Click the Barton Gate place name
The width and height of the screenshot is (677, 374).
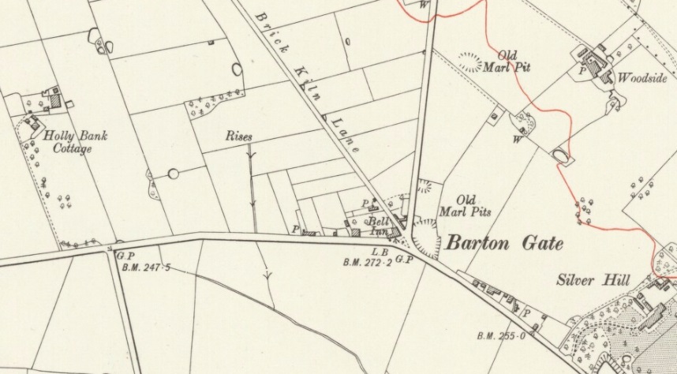click(x=505, y=244)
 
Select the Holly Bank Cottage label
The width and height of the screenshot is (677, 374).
click(x=80, y=142)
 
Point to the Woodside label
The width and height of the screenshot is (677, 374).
click(x=643, y=78)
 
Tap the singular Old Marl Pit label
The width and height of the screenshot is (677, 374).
click(x=507, y=62)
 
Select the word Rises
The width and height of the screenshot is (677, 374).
click(x=239, y=137)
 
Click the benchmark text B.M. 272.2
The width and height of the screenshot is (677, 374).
click(x=368, y=262)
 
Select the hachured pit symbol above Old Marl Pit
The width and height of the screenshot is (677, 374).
click(x=471, y=62)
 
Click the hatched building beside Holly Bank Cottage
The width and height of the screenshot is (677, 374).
click(x=56, y=100)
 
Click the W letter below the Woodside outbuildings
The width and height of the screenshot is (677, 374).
click(x=517, y=140)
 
